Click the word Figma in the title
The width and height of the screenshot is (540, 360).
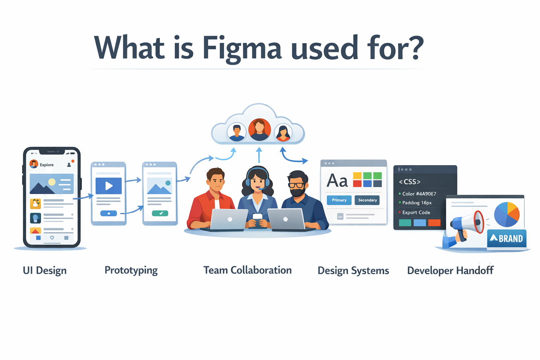click(242, 49)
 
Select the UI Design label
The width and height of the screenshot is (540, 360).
click(45, 271)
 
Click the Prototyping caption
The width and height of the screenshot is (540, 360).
click(131, 270)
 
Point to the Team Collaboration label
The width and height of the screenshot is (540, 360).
click(247, 270)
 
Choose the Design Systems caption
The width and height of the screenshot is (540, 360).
click(353, 271)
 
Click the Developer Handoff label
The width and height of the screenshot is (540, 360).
click(450, 271)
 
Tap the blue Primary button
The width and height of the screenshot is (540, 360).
click(339, 200)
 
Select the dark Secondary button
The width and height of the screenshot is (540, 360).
click(367, 200)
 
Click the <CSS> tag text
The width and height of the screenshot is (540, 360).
click(410, 182)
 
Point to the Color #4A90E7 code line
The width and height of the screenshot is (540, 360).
click(419, 194)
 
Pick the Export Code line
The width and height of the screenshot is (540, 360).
click(416, 212)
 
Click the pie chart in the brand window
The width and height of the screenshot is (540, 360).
click(507, 214)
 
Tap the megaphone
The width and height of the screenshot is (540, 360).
click(467, 224)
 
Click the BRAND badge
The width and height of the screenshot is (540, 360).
click(507, 239)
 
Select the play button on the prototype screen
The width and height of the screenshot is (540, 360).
click(109, 186)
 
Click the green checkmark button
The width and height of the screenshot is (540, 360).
click(160, 213)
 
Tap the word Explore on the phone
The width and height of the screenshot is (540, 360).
click(47, 165)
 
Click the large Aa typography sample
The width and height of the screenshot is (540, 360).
click(337, 181)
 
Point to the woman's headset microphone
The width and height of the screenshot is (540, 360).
click(261, 189)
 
